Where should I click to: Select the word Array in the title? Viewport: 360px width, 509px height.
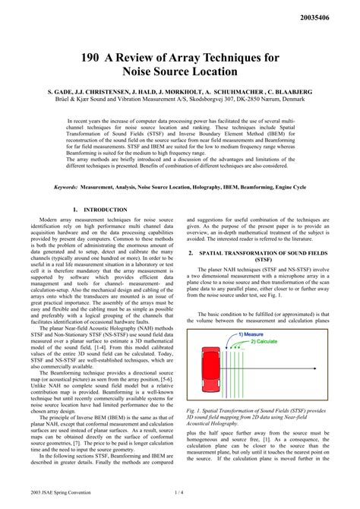pos(203,55)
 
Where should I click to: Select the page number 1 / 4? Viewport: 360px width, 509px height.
pos(179,493)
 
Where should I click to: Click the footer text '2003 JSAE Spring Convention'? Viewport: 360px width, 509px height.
pos(65,493)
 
